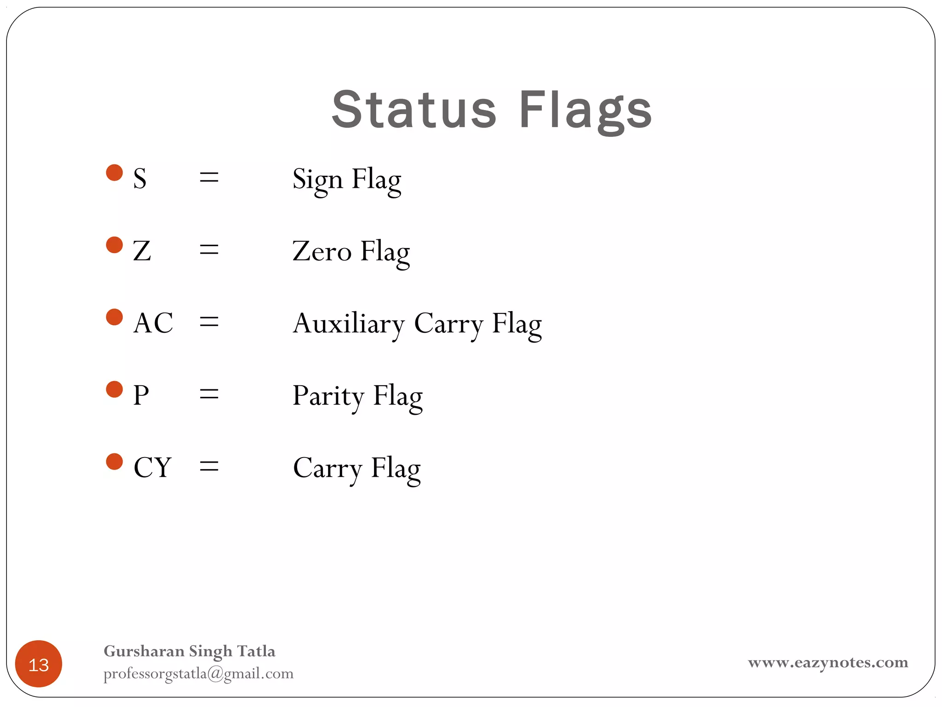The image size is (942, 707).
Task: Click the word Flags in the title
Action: (x=585, y=110)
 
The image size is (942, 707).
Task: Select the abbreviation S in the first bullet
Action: (x=140, y=179)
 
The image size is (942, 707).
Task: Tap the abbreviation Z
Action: (x=142, y=251)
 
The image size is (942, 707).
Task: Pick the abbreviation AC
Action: (x=153, y=323)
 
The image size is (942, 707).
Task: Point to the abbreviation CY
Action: (x=152, y=467)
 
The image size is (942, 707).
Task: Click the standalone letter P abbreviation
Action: (x=141, y=395)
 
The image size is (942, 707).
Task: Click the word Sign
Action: (x=317, y=180)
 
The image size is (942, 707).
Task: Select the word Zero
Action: (x=322, y=251)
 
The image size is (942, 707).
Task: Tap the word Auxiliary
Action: (x=348, y=324)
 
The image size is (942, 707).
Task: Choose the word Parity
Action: (x=328, y=396)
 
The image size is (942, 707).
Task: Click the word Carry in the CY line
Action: (x=327, y=468)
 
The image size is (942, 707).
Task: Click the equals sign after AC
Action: (x=209, y=323)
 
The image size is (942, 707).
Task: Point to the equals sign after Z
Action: (x=209, y=251)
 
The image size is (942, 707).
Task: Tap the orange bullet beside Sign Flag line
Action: (x=115, y=173)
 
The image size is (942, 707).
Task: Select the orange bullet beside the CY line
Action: (x=115, y=462)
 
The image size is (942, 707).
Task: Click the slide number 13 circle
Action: (x=39, y=664)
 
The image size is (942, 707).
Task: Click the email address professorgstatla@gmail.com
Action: (x=198, y=674)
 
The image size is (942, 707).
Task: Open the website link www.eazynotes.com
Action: (x=828, y=662)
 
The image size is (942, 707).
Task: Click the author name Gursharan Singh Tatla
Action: (x=190, y=651)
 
